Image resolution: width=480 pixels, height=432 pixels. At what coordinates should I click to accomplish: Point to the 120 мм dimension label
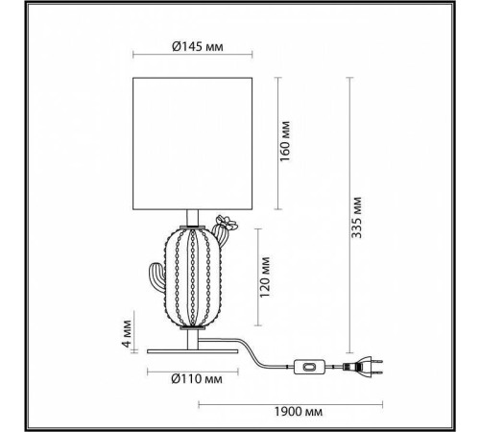272,277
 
